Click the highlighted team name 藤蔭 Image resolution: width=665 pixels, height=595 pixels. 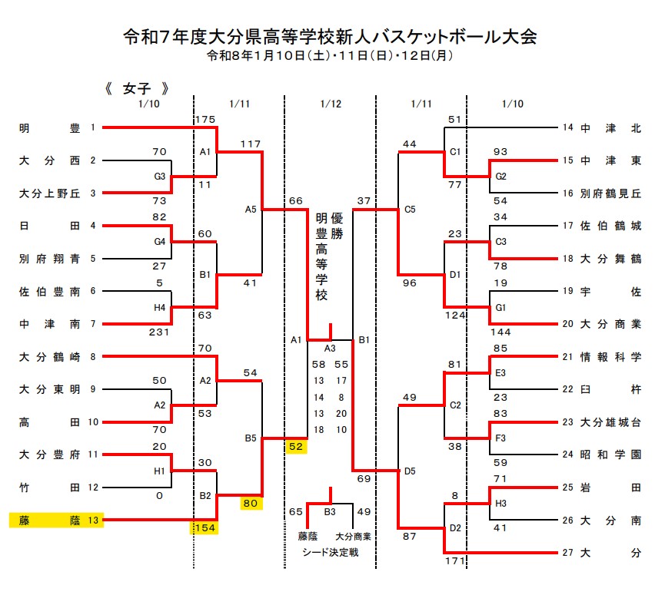coord(49,521)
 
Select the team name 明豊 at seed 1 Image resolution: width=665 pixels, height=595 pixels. coord(49,128)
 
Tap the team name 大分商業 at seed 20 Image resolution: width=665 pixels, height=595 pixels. coord(610,323)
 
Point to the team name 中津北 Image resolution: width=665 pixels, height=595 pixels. coord(610,128)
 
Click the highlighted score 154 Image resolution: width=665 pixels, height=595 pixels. coord(205,527)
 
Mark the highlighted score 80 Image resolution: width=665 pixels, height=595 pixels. coord(249,504)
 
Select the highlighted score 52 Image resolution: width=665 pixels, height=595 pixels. coord(295,446)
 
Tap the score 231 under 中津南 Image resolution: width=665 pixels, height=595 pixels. coord(159,332)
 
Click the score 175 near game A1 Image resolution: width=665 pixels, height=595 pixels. coord(205,119)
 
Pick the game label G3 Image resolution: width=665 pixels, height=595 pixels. coord(160,176)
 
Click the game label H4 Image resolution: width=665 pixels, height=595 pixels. coord(160,307)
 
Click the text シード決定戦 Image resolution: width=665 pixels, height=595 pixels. coord(330,551)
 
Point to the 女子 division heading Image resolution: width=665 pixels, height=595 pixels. coord(135,88)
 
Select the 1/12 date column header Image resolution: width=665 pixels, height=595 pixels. coord(330,104)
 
